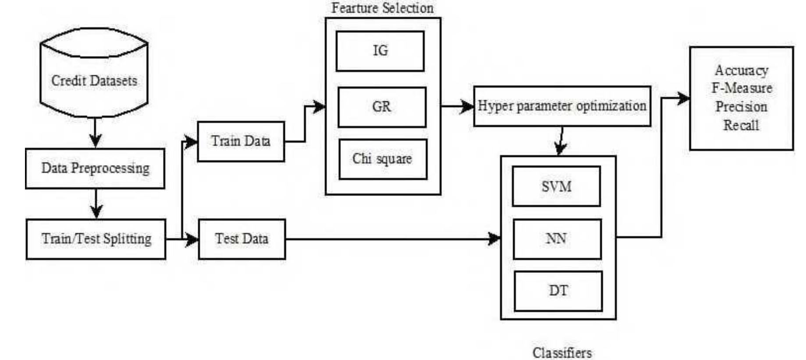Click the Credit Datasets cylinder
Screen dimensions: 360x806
[94, 80]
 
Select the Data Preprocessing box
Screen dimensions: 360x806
[95, 168]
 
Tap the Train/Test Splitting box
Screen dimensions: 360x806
[96, 239]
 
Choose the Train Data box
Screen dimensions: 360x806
[241, 141]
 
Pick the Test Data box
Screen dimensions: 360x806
[241, 239]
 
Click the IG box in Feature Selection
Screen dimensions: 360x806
[380, 51]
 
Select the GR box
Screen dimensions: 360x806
[382, 107]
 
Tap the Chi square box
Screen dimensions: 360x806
[383, 159]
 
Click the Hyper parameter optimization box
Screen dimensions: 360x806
[562, 106]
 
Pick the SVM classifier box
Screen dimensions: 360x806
[556, 186]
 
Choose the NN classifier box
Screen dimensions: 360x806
[557, 239]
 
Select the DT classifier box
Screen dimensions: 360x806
[558, 291]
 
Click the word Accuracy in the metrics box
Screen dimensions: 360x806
[741, 71]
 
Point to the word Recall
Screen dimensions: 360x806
[741, 125]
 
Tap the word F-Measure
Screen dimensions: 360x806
[742, 88]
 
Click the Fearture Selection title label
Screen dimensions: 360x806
[382, 8]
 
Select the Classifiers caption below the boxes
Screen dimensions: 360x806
[562, 352]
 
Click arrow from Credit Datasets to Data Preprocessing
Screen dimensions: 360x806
[96, 132]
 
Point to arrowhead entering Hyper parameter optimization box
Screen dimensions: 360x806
[467, 106]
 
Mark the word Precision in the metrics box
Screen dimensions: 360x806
[741, 107]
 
